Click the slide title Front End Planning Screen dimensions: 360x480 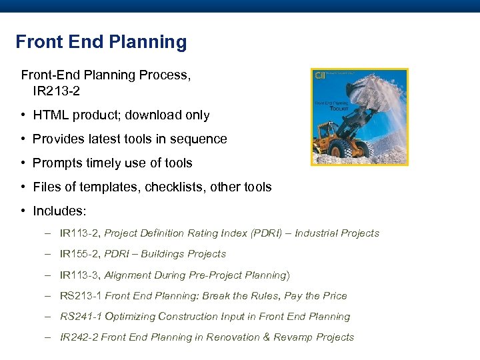[x=101, y=42]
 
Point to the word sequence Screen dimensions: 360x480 [x=199, y=139]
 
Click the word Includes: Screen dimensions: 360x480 [x=59, y=211]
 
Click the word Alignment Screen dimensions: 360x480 [x=129, y=275]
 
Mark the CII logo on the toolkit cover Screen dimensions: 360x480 [x=320, y=75]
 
